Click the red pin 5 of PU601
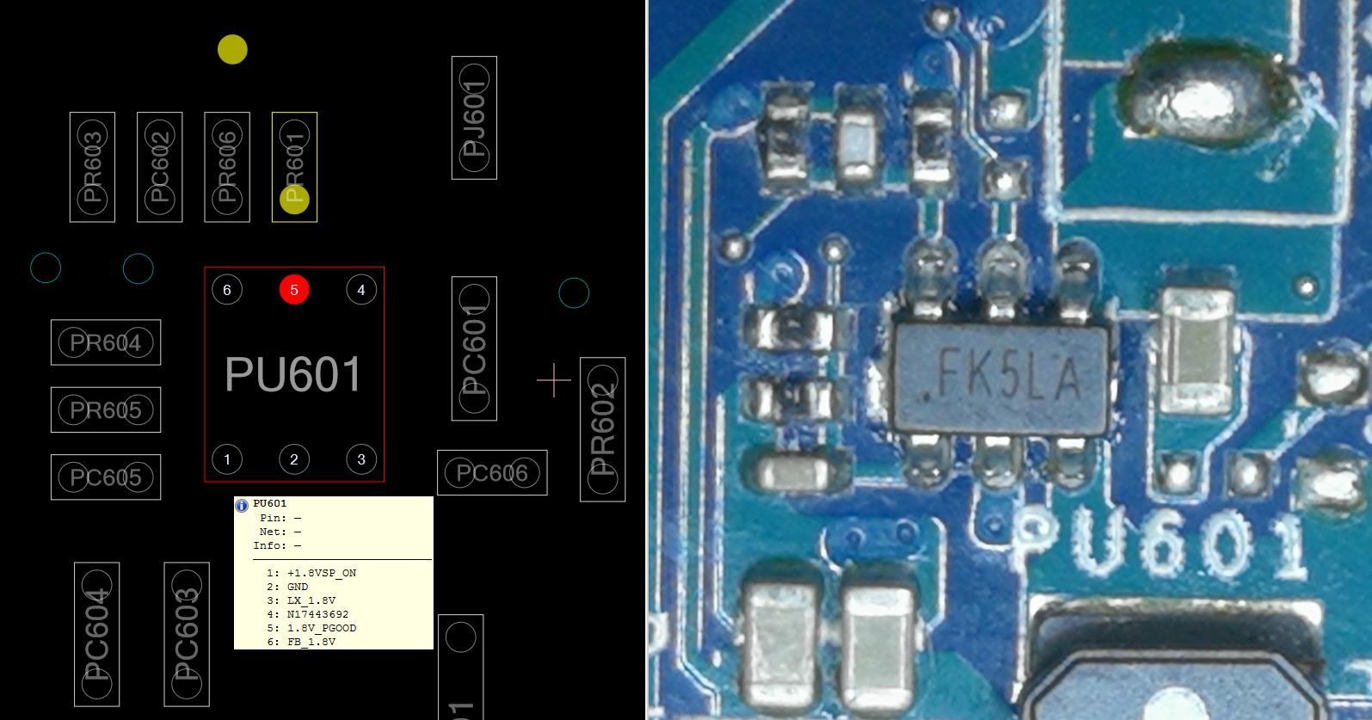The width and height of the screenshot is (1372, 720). coord(294,290)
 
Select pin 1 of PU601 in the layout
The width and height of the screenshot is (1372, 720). coord(227,459)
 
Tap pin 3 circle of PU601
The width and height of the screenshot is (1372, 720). coord(361,459)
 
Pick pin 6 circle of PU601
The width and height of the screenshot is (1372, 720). coord(227,290)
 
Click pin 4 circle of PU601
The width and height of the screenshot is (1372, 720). coord(361,290)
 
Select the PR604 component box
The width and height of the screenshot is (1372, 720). coord(106,342)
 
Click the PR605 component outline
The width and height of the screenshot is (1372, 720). coord(106,409)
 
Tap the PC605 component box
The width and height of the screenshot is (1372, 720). coord(106,477)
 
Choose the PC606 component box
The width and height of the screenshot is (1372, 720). coord(492,472)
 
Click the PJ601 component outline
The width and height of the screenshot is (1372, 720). coord(474,118)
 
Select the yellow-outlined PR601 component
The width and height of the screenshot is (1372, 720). coord(294,167)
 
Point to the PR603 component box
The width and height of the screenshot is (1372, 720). coord(92,167)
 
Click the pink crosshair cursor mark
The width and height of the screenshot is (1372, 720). coord(554,380)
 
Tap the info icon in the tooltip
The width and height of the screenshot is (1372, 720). coord(242,506)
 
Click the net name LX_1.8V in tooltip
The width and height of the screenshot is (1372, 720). coord(311,600)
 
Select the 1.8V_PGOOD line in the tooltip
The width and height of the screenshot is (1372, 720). coord(321,628)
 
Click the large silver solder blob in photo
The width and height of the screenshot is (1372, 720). coord(1198,96)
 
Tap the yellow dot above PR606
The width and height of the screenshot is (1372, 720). coord(232,50)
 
